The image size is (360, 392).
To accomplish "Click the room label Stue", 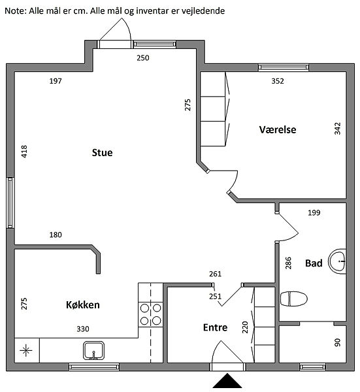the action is (102, 152).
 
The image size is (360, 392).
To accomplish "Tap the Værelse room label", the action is (278, 129).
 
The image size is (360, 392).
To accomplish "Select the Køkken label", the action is (83, 304).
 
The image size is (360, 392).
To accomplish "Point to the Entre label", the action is (215, 327).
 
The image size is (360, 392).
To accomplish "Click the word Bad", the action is (314, 263).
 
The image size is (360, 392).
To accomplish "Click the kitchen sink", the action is (93, 350).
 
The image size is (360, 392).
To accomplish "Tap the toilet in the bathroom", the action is (294, 299).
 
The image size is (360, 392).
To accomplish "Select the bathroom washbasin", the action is (337, 261).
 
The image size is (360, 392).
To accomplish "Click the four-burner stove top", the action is (150, 314).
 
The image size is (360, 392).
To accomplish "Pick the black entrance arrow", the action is (227, 381).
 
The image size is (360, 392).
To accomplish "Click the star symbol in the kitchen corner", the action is (26, 350).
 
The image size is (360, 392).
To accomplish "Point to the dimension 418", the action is (24, 152).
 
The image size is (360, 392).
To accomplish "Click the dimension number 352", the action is (278, 81).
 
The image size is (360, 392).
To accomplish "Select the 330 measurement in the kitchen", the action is (83, 329).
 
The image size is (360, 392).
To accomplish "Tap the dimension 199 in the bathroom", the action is (314, 213).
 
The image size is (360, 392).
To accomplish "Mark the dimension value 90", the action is (338, 342).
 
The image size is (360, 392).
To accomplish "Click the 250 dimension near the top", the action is (143, 58).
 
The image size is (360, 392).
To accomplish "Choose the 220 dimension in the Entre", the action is (245, 327).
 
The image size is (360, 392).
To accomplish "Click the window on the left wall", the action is (10, 203).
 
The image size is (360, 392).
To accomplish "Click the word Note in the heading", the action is (15, 11).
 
